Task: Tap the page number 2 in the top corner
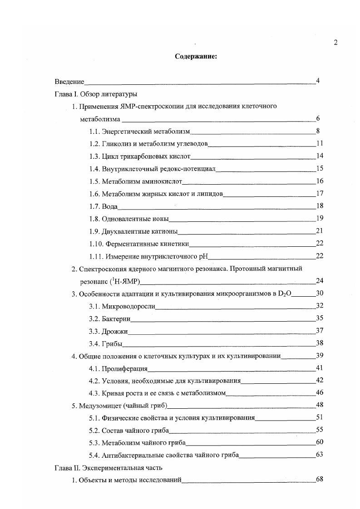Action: [x=335, y=43]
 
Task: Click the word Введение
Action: [x=69, y=82]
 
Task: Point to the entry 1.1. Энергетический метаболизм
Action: [x=139, y=132]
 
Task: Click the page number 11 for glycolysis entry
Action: [x=319, y=144]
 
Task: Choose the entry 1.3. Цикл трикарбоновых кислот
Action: [x=139, y=157]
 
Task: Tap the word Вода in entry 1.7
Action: [x=110, y=206]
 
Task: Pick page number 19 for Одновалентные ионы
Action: [x=319, y=219]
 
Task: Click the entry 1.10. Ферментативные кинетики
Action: [x=139, y=244]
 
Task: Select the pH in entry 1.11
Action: [x=202, y=256]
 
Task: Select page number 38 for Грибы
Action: [x=319, y=343]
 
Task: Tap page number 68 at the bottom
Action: [x=319, y=480]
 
